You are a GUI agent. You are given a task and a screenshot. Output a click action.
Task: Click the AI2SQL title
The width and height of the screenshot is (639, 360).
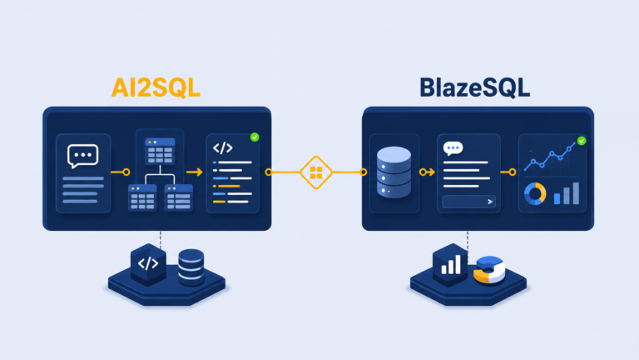156,87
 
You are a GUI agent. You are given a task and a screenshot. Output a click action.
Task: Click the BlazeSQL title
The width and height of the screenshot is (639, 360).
475,87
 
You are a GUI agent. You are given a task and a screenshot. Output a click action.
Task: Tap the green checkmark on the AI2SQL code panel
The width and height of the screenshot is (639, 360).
255,137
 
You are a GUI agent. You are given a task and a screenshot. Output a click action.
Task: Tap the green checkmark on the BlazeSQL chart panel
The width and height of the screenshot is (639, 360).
582,141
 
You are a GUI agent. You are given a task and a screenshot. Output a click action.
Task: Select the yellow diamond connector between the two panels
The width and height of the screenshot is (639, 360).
316,172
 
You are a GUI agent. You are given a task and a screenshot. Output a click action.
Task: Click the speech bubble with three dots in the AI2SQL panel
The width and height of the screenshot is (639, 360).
82,156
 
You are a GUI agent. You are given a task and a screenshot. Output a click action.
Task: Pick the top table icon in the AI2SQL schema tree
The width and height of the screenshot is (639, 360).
160,151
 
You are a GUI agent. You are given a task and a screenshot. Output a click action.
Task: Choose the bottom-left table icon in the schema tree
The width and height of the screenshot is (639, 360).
142,197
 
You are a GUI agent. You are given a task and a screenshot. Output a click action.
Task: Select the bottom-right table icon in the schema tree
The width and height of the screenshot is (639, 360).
179,197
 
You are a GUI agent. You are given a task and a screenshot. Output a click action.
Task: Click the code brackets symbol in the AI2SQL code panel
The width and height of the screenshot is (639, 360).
222,147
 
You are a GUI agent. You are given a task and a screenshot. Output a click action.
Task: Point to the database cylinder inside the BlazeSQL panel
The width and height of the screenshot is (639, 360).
394,172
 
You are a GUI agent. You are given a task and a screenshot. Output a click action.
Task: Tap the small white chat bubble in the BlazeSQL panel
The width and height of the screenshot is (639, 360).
453,148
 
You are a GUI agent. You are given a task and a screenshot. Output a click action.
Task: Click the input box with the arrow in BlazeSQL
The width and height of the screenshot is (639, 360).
468,202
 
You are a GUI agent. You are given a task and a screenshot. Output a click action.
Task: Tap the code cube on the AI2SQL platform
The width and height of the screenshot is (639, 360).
148,264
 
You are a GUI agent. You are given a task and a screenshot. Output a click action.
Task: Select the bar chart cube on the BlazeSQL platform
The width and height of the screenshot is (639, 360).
450,264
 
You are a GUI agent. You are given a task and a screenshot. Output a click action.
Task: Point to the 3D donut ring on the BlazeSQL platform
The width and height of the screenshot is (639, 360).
489,269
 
